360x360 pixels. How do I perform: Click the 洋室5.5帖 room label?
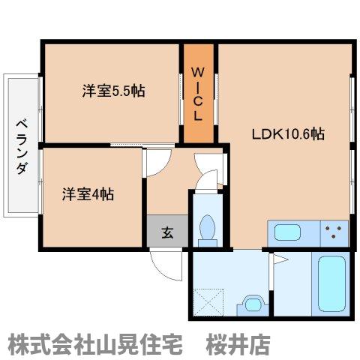(112, 92)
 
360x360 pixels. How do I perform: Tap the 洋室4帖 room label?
(88, 193)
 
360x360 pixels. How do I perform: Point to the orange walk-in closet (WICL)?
(199, 94)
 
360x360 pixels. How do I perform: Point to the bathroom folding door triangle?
(280, 261)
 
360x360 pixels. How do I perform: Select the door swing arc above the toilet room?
(205, 170)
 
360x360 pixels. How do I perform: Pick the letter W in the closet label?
(199, 72)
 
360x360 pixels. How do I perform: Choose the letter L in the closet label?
(199, 116)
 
